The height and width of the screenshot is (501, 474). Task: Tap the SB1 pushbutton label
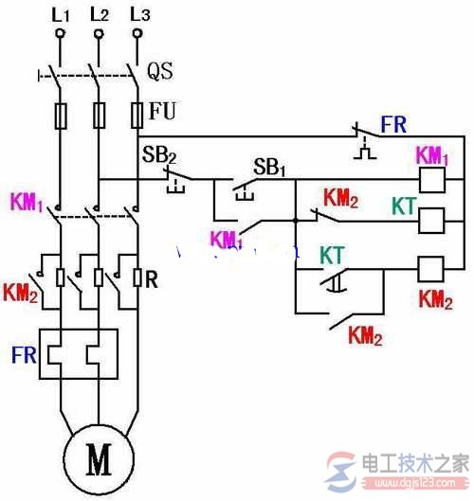(268, 167)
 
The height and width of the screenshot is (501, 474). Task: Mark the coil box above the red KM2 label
(433, 269)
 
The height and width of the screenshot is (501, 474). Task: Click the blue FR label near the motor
(25, 356)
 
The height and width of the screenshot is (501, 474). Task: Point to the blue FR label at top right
(394, 124)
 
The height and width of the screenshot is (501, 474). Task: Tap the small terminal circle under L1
(59, 33)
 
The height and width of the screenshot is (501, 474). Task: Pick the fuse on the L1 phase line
(59, 116)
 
